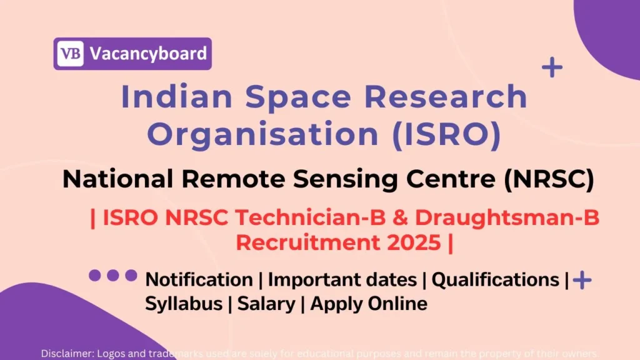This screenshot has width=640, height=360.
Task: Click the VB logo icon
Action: click(70, 53)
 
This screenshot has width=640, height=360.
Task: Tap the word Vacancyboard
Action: click(147, 53)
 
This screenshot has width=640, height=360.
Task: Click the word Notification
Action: click(199, 279)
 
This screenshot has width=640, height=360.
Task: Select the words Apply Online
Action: click(369, 304)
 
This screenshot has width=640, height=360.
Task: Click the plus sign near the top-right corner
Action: click(552, 67)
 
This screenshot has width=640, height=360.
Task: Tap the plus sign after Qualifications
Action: click(582, 280)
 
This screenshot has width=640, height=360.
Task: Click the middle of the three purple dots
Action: click(113, 275)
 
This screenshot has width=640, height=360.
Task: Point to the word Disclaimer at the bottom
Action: click(66, 353)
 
